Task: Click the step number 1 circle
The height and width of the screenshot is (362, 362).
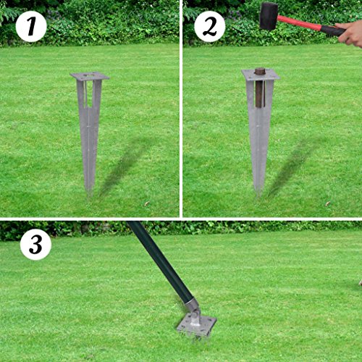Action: point(30,27)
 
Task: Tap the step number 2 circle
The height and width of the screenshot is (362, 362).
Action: point(209,27)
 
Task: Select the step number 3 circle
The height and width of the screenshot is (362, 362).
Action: point(35,245)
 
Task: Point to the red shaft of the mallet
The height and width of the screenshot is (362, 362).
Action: point(300,24)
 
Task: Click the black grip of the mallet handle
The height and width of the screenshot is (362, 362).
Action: point(332,30)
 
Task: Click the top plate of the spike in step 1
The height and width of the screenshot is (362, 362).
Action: point(89,76)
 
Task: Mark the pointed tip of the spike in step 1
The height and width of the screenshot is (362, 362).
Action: point(90,190)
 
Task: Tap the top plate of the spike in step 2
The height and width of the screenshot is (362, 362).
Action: point(259,75)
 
